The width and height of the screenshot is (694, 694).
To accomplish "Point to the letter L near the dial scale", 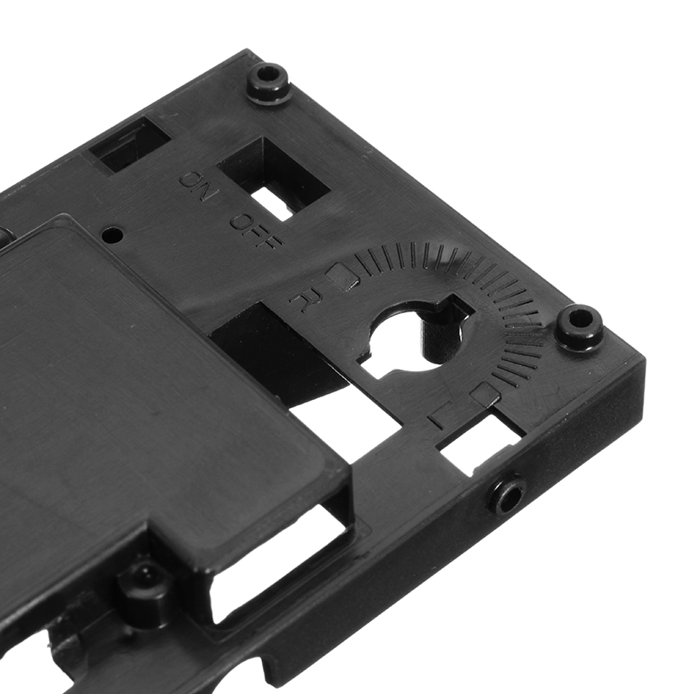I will pos(438,416).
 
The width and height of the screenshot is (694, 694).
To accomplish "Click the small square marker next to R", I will pos(341,274).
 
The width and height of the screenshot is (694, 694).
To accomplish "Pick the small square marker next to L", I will pos(484,393).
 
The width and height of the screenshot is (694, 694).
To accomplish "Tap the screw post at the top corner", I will pos(266,82).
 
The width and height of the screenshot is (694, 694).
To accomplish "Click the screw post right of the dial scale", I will pos(578,326).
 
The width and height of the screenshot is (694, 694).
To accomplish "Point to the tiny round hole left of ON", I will pos(111,234).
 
